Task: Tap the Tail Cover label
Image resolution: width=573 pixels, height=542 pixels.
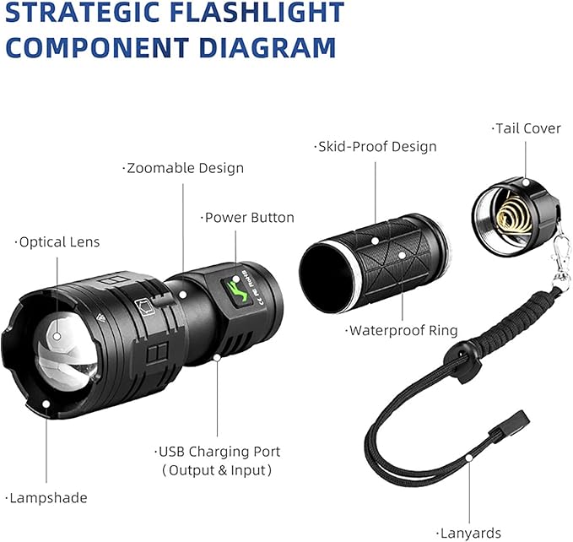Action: pyautogui.click(x=527, y=128)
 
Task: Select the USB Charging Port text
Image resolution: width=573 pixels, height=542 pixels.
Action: pyautogui.click(x=218, y=452)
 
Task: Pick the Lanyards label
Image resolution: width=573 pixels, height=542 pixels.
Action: pyautogui.click(x=469, y=534)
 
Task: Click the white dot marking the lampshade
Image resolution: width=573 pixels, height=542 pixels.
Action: pyautogui.click(x=46, y=404)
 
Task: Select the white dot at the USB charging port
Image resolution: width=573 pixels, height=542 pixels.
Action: pyautogui.click(x=217, y=357)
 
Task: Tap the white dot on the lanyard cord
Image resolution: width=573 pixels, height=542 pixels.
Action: pyautogui.click(x=469, y=458)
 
